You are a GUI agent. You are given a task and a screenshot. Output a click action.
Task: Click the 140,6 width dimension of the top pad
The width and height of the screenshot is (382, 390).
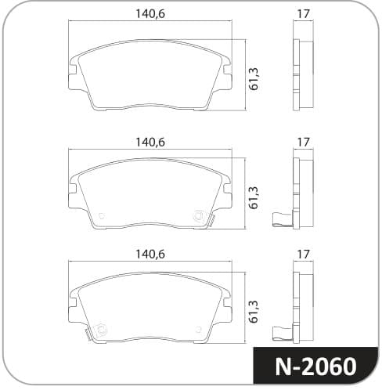(x=150, y=13)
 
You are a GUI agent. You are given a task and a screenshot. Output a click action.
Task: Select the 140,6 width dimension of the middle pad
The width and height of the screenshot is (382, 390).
(x=150, y=143)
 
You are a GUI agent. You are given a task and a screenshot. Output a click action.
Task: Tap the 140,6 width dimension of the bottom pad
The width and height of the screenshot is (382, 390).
(x=150, y=255)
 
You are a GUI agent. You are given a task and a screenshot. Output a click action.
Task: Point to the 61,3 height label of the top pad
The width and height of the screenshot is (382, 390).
(x=254, y=79)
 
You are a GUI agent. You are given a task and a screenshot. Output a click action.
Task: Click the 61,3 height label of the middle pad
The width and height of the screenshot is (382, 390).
(x=254, y=197)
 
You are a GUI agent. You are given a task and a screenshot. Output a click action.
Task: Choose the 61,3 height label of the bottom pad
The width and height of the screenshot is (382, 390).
(x=254, y=312)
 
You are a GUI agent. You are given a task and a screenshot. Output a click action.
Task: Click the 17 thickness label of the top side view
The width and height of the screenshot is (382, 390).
(x=303, y=13)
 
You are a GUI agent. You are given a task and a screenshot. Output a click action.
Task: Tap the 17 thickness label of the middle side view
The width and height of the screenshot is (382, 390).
(x=303, y=143)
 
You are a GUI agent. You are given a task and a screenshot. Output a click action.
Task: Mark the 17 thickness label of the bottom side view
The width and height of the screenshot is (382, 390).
(x=303, y=255)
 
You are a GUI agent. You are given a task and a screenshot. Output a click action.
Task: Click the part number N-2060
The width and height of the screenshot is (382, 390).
(x=315, y=367)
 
